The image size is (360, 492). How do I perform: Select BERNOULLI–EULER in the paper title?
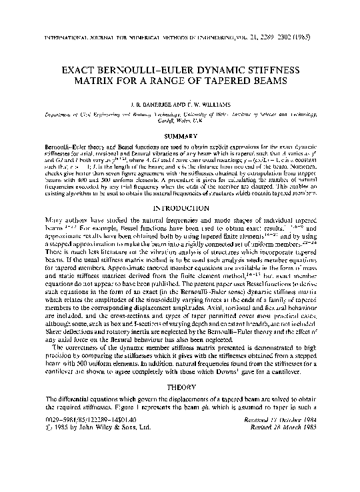(x=150, y=69)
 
